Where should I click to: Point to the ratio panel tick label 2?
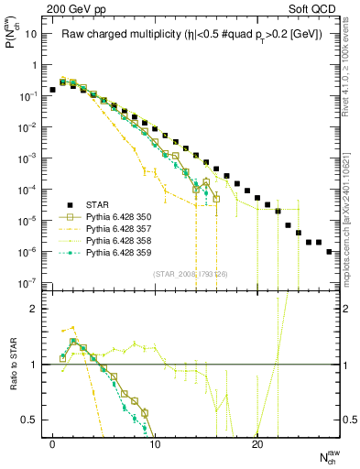[x=35, y=309]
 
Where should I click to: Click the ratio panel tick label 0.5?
[x=31, y=420]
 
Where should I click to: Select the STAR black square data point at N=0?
[x=53, y=91]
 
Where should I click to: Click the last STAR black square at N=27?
[x=329, y=251]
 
